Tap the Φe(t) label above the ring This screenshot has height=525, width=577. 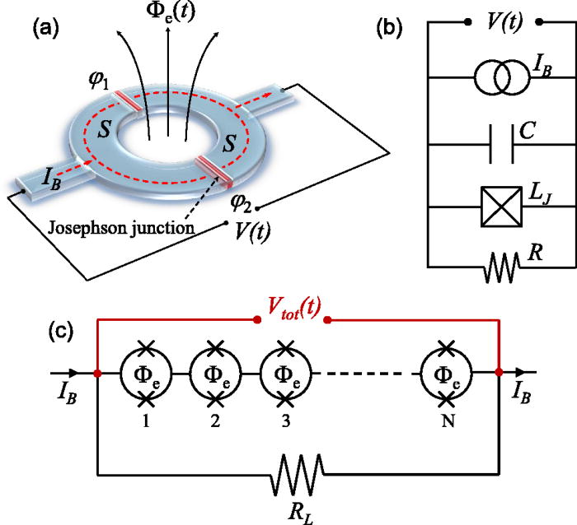[x=169, y=15]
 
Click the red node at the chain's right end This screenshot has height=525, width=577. [x=499, y=373]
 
